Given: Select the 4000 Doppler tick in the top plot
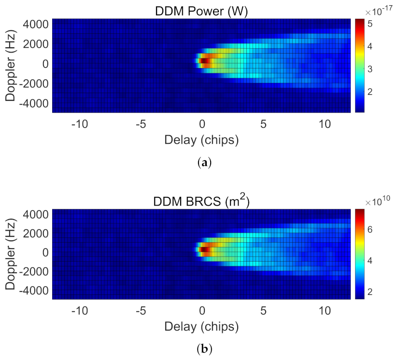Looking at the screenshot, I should point(37,24).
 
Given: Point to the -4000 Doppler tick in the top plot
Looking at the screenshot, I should point(34,103).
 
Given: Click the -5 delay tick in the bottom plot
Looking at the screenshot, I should point(141,311).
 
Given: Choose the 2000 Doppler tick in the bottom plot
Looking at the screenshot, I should point(37,233).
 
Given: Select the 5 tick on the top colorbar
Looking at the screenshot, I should point(369,24).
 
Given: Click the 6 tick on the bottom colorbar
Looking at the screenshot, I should point(369,230).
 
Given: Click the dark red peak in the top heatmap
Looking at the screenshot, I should point(203,61).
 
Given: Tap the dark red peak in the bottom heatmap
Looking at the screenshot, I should point(203,249).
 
